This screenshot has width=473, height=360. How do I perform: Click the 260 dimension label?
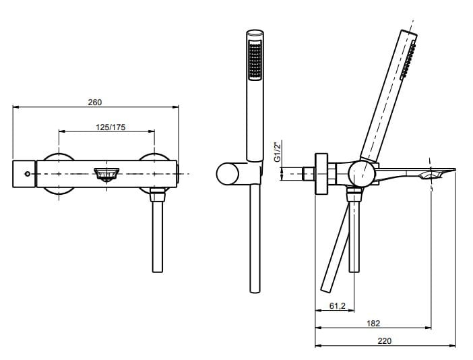(95, 102)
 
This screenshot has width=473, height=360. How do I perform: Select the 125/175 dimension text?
(111, 127)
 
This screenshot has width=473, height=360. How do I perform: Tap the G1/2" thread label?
(278, 151)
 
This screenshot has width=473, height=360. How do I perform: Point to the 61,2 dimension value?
(338, 306)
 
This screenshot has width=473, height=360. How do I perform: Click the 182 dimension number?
(373, 324)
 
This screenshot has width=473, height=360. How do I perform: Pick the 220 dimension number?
(384, 341)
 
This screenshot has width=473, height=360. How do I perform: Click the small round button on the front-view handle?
(28, 174)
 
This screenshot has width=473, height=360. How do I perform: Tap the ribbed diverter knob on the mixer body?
(106, 175)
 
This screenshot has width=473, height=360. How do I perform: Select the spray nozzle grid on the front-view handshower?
(255, 61)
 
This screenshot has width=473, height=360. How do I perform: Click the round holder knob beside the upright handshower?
(228, 173)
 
